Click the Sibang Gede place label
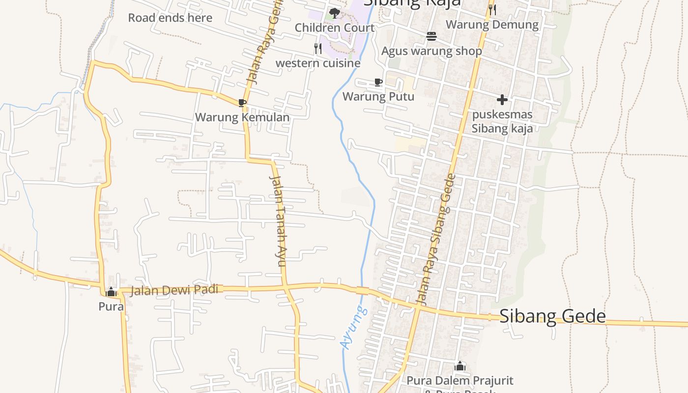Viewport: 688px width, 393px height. [552, 316]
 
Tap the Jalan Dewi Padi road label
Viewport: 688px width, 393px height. [174, 290]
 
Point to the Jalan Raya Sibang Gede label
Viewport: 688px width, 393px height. [433, 239]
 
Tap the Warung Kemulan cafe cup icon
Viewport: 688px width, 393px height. [242, 102]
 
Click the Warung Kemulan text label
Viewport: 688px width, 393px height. [242, 117]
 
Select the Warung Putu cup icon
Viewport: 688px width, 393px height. [378, 82]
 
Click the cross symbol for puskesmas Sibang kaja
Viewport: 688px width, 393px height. [502, 100]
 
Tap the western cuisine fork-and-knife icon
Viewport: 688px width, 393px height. [318, 48]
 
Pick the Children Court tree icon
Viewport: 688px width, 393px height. [335, 13]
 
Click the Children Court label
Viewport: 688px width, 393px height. [335, 28]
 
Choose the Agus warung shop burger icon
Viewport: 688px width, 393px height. [431, 36]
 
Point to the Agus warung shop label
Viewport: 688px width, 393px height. [431, 51]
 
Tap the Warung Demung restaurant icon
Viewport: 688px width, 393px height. [492, 9]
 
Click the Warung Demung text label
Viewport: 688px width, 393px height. [492, 25]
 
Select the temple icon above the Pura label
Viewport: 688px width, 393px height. [111, 292]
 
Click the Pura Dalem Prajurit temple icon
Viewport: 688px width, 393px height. [460, 366]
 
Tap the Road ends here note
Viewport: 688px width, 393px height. [170, 18]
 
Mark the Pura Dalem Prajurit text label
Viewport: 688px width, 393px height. [460, 381]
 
